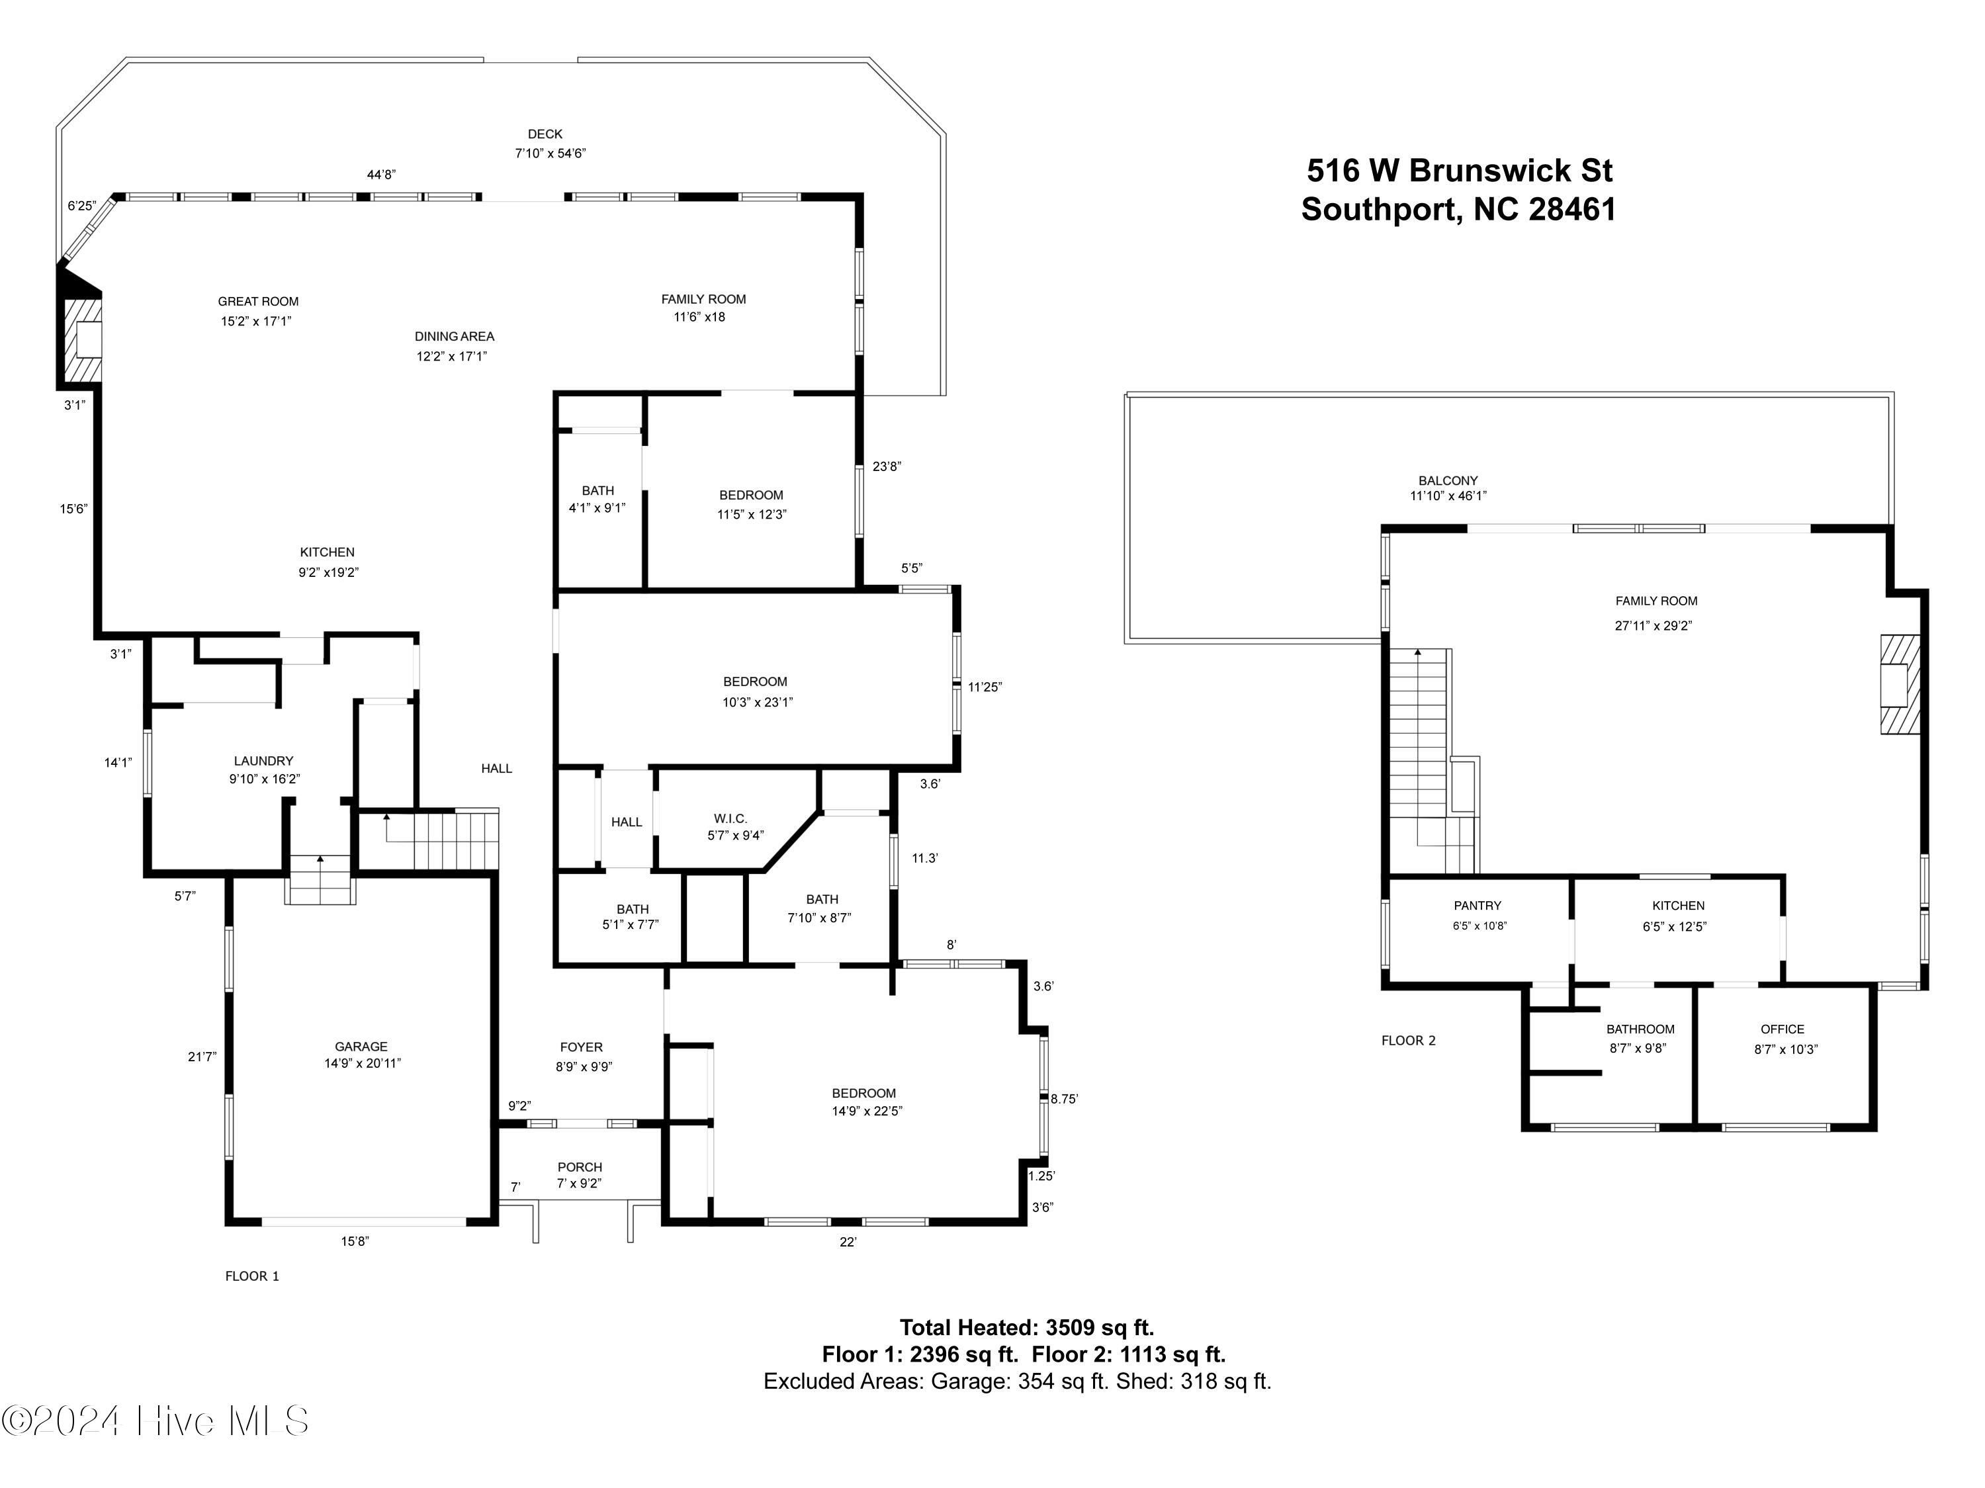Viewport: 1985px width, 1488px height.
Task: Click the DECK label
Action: (x=545, y=134)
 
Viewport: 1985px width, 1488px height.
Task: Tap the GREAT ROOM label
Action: (x=259, y=302)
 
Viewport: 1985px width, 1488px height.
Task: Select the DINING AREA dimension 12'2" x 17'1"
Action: (x=451, y=357)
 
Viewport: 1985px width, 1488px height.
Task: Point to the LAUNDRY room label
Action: (x=264, y=761)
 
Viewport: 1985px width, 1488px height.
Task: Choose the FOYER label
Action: (x=582, y=1047)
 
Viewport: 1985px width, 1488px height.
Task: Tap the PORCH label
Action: (x=580, y=1168)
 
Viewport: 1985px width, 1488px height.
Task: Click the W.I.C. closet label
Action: (x=730, y=818)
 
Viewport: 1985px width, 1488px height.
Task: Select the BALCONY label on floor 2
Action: (x=1448, y=481)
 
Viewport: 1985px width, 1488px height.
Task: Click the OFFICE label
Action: (x=1782, y=1029)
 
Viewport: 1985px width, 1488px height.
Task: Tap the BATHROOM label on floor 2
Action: (x=1640, y=1029)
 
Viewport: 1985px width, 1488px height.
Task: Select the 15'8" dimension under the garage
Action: (x=355, y=1242)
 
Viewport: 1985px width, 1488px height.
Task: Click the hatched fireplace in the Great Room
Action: (x=81, y=340)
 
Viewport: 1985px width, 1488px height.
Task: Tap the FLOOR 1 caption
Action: (x=252, y=1276)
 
